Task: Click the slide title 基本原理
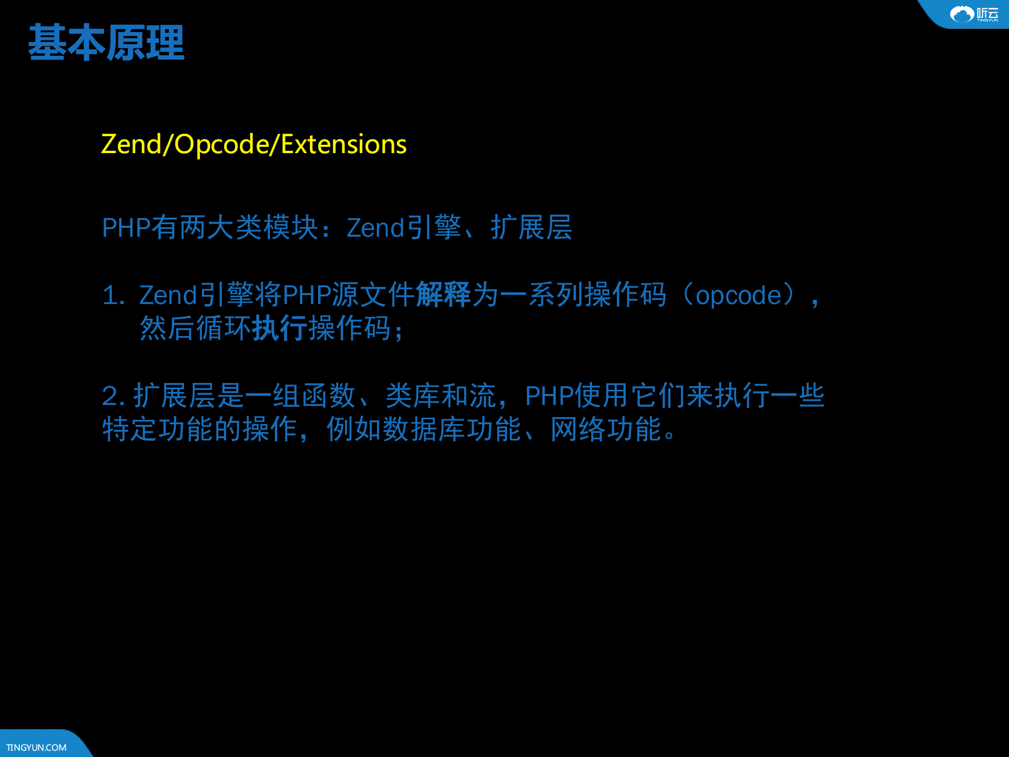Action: pos(106,43)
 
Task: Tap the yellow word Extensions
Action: pos(343,144)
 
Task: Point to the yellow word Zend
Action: pos(131,144)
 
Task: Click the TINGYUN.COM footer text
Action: pos(36,747)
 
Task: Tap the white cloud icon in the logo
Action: pos(962,14)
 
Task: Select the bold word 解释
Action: pos(443,295)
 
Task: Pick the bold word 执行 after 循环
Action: pos(280,328)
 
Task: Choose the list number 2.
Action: pos(111,396)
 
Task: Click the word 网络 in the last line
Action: pos(578,429)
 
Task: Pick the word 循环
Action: pos(223,328)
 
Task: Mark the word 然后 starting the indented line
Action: pos(167,328)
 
